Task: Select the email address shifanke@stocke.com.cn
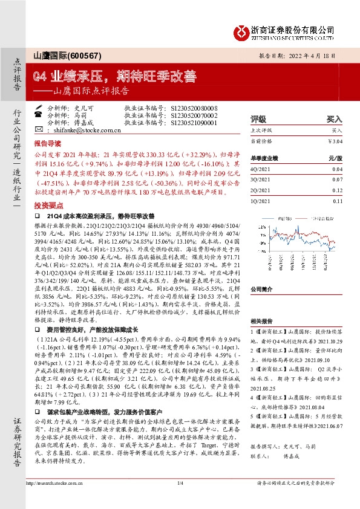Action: (x=83, y=129)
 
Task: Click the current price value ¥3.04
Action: (x=335, y=141)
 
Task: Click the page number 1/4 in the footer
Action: (x=180, y=500)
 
